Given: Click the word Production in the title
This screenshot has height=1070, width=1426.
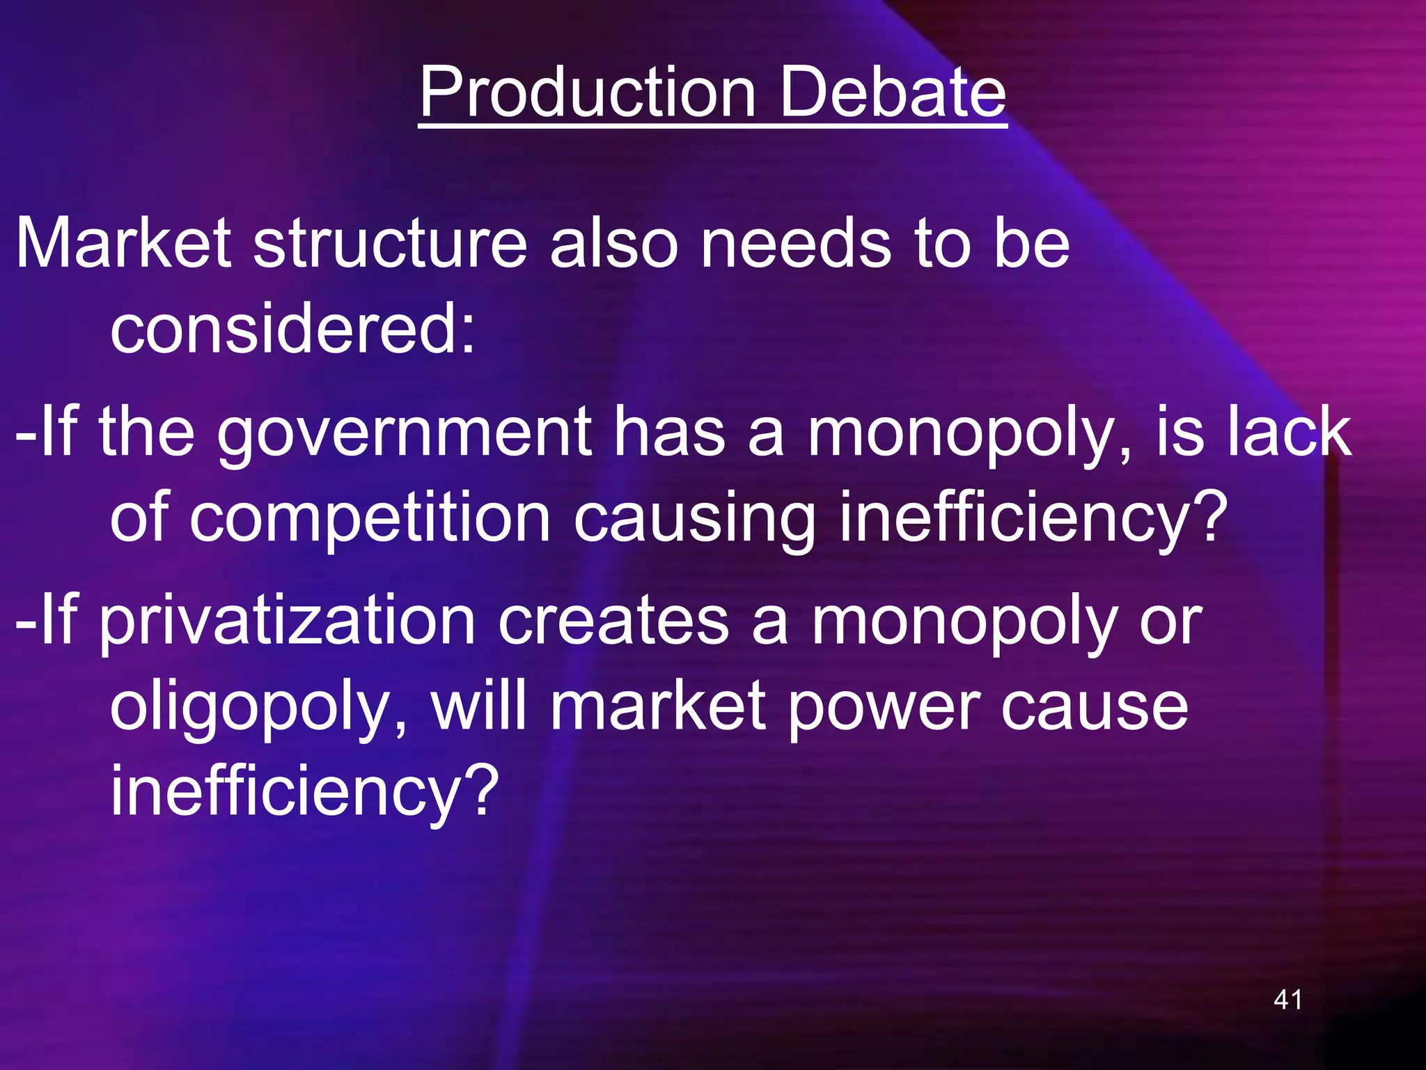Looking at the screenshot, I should pyautogui.click(x=587, y=92).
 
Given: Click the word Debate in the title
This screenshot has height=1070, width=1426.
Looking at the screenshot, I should pyautogui.click(x=893, y=92).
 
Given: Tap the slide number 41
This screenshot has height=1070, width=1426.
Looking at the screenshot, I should pyautogui.click(x=1287, y=1000).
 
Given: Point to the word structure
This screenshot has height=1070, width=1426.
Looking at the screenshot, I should pyautogui.click(x=390, y=243).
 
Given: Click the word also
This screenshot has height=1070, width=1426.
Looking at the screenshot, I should pyautogui.click(x=613, y=243).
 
